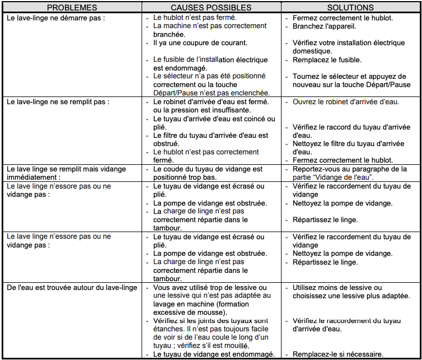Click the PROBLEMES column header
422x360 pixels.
[72, 8]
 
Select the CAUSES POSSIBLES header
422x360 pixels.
[211, 8]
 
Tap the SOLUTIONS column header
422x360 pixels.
[350, 8]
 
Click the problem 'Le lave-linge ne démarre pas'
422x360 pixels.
[57, 18]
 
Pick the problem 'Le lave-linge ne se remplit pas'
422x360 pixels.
[58, 102]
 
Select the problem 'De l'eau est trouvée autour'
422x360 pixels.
[72, 288]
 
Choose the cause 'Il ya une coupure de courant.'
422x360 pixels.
[200, 42]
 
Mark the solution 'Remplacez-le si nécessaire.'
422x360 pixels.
[338, 354]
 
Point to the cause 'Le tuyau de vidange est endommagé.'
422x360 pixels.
[214, 354]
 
